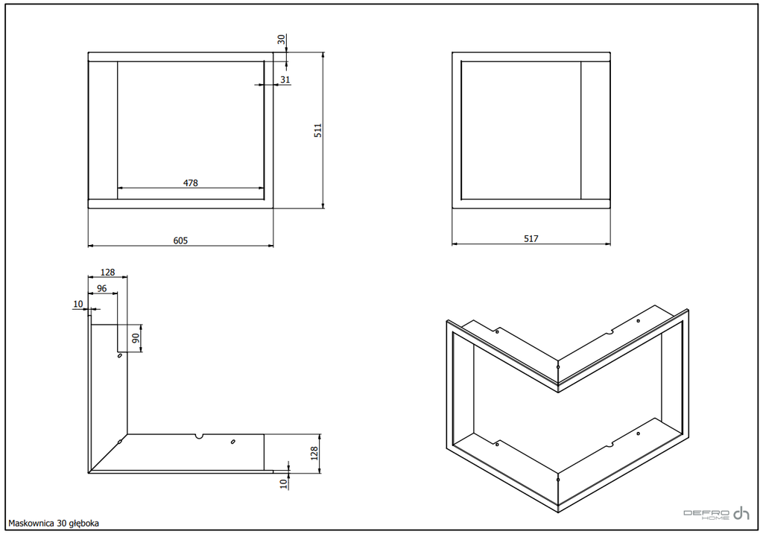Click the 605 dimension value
(x=180, y=241)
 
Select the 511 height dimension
(x=317, y=130)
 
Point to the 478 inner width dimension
(x=191, y=183)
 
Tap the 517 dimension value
(x=531, y=239)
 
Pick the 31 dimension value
(x=285, y=79)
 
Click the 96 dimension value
(x=101, y=288)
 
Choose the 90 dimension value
(x=136, y=337)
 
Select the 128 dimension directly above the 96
(x=107, y=273)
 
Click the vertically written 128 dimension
(x=314, y=454)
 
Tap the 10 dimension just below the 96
(x=78, y=304)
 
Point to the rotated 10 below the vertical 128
(x=284, y=483)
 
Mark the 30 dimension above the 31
(x=282, y=39)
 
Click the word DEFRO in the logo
(x=706, y=513)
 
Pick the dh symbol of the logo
(x=741, y=513)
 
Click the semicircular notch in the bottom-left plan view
(x=198, y=436)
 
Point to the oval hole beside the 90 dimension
(x=120, y=355)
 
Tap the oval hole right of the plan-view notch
(x=233, y=441)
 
